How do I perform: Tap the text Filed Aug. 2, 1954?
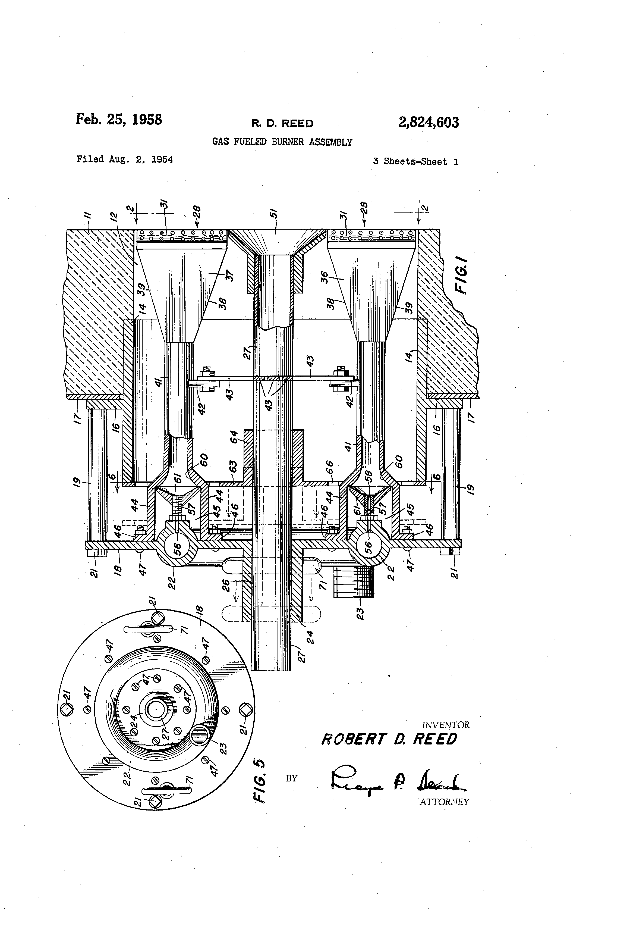pos(125,159)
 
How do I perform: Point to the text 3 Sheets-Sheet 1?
pos(415,162)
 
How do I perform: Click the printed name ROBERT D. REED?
pos(389,740)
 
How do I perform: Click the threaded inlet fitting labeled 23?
pos(353,583)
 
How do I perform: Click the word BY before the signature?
pos(291,778)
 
